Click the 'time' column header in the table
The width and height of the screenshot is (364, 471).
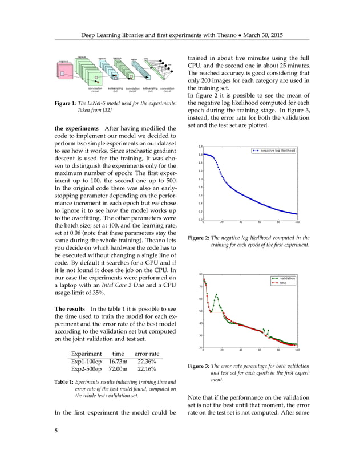(118, 354)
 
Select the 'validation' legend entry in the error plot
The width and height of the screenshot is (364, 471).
(287, 278)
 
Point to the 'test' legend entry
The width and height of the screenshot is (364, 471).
(283, 282)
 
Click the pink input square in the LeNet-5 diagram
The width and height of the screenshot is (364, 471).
(63, 71)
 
